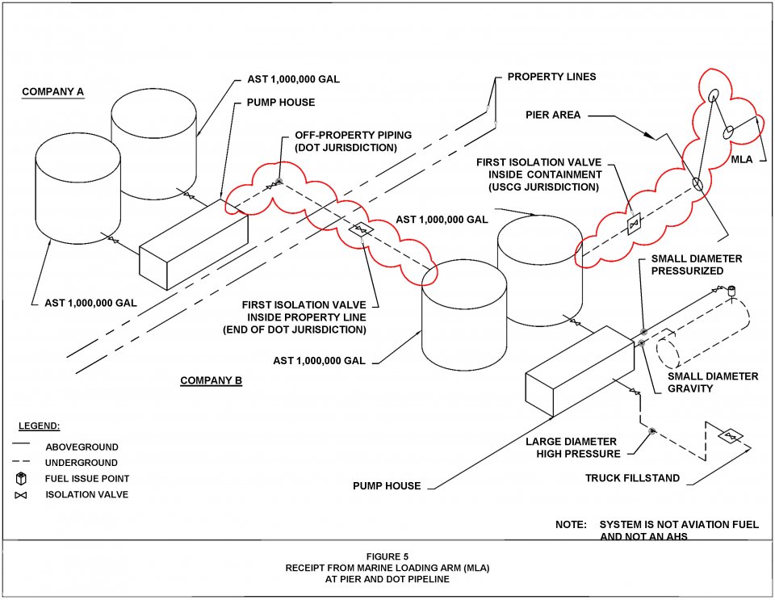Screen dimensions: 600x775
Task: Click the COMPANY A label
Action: pyautogui.click(x=52, y=91)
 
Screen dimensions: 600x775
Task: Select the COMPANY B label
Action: pyautogui.click(x=211, y=380)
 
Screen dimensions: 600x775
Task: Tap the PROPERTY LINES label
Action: pyautogui.click(x=551, y=77)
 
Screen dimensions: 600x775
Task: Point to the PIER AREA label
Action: pyautogui.click(x=554, y=115)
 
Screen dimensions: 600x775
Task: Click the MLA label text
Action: pyautogui.click(x=741, y=159)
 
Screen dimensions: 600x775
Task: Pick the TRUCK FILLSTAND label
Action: pyautogui.click(x=632, y=478)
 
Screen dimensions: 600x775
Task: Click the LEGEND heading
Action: pyautogui.click(x=40, y=426)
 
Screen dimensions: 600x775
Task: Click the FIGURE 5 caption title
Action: pyautogui.click(x=387, y=556)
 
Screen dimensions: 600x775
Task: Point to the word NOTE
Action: pyautogui.click(x=571, y=525)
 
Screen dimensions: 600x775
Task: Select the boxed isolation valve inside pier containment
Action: pyautogui.click(x=635, y=224)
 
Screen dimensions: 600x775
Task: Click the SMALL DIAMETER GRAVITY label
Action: pyautogui.click(x=713, y=383)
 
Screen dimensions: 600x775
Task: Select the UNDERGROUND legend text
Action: pyautogui.click(x=82, y=463)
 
